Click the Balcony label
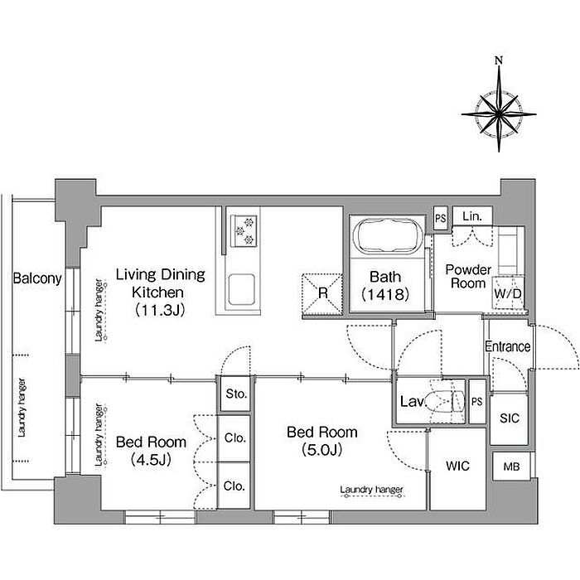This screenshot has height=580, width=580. point(37,278)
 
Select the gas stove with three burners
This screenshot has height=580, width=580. point(244,231)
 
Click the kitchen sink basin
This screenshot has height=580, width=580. point(241,289)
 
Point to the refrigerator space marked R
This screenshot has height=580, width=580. point(322,293)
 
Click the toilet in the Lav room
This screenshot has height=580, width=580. point(446,401)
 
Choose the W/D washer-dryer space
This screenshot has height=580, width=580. point(508,293)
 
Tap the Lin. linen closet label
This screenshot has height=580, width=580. point(472,216)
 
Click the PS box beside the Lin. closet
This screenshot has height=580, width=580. point(440,218)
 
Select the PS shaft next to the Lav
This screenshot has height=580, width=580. point(477,401)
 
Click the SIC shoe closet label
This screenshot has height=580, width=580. point(510,418)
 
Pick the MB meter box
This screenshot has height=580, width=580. point(511,466)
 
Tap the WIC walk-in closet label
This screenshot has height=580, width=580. point(457,466)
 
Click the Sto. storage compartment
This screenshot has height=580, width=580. point(236,394)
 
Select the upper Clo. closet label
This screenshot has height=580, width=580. point(234,438)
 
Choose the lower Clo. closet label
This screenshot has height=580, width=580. point(234,486)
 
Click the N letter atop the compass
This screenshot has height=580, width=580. point(499,60)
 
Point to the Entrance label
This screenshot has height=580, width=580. point(507,346)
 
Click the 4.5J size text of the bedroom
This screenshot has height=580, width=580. point(151,459)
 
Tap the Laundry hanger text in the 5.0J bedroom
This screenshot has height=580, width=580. point(371,490)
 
